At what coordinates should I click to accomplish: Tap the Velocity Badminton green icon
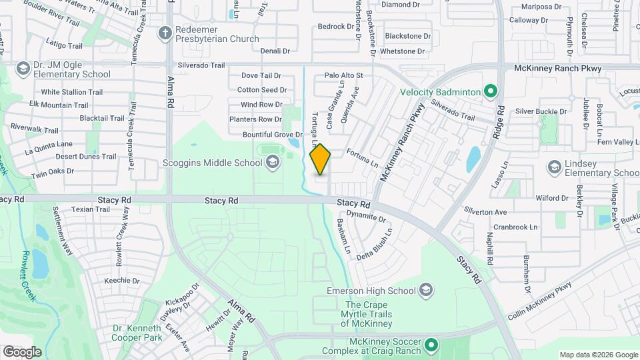[x=491, y=91]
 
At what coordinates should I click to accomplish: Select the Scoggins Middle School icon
[x=272, y=162]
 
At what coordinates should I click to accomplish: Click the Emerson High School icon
[x=426, y=291]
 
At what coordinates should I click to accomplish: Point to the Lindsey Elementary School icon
[x=554, y=165]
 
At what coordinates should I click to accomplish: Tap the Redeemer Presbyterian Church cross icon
[x=165, y=33]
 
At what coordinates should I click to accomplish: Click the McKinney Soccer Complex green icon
[x=431, y=345]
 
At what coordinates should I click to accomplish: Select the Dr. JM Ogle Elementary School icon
[x=23, y=68]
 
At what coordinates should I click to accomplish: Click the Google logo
[x=22, y=351]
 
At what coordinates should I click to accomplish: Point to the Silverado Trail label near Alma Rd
[x=201, y=65]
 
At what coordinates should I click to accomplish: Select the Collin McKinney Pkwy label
[x=539, y=300]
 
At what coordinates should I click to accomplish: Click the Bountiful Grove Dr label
[x=264, y=135]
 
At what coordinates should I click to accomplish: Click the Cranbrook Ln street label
[x=515, y=227]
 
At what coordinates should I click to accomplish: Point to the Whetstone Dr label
[x=402, y=51]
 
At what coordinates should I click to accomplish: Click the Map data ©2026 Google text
[x=598, y=355]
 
